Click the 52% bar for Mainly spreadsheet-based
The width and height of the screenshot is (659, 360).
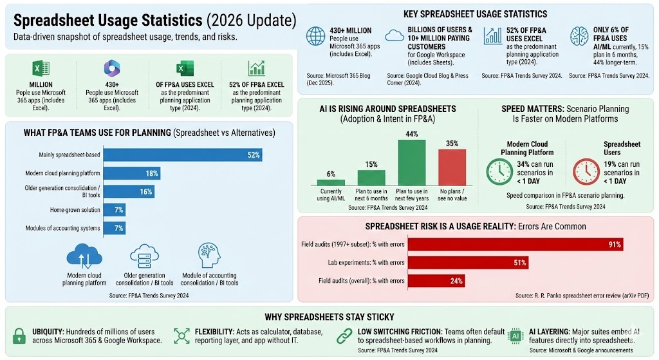click(x=183, y=155)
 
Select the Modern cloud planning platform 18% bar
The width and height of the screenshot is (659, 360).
click(x=132, y=173)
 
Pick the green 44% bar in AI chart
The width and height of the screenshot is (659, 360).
click(x=412, y=163)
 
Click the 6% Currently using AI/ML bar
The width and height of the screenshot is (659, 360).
click(x=331, y=182)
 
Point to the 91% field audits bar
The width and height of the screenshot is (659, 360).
click(x=515, y=245)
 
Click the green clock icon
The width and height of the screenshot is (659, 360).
click(x=500, y=171)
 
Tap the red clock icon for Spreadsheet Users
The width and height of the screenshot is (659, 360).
click(x=586, y=171)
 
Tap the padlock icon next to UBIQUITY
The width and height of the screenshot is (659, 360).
click(x=19, y=336)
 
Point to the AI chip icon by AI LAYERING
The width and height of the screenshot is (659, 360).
click(x=515, y=336)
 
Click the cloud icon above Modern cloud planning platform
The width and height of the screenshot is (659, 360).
click(x=84, y=256)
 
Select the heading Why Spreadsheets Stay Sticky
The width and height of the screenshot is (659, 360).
click(x=330, y=317)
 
